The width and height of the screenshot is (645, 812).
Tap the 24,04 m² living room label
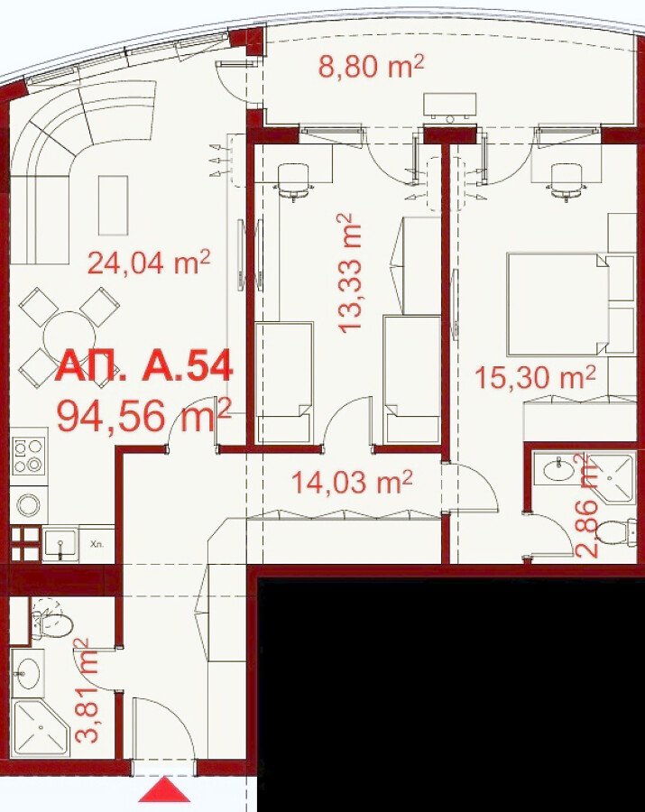(x=149, y=262)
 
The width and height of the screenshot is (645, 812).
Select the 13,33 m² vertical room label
(x=348, y=272)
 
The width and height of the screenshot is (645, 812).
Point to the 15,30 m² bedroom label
(x=535, y=377)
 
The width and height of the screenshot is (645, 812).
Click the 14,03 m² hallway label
(x=352, y=482)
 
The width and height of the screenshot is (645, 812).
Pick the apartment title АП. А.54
(x=143, y=366)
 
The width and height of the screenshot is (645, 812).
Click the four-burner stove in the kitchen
(x=28, y=457)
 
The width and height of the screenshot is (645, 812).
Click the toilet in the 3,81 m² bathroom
(x=51, y=622)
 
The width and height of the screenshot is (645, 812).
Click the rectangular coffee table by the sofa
(x=113, y=205)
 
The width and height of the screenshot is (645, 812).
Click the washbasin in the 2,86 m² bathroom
(x=559, y=469)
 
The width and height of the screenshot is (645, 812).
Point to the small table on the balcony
(x=449, y=106)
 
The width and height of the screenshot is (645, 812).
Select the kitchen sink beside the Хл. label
(x=61, y=544)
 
